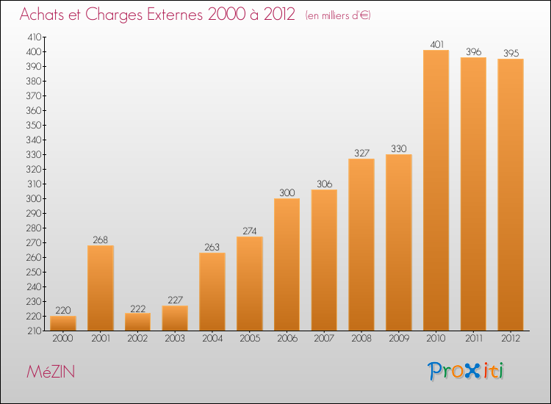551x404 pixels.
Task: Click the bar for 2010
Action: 436,191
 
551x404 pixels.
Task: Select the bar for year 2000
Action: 62,323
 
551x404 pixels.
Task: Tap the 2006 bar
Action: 287,264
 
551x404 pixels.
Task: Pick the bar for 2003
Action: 175,318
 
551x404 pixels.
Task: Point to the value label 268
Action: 100,240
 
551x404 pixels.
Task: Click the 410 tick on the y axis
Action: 35,37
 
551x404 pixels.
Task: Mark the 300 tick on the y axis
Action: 35,199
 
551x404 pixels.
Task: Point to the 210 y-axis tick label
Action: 35,331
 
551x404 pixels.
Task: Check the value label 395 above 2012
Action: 511,54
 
